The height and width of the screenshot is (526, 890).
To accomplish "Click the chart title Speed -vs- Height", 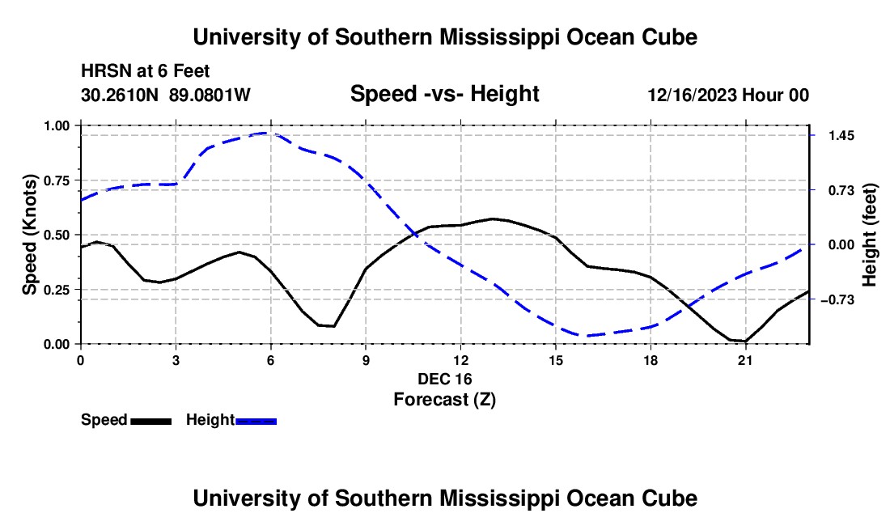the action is point(444,94).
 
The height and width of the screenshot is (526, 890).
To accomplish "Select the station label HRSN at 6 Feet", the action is point(146,71).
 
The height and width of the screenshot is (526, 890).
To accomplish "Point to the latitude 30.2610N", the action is point(120,95).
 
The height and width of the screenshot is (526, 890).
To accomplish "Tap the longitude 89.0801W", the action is point(210,95).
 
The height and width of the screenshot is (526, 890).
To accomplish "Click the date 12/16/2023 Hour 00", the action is point(728,95).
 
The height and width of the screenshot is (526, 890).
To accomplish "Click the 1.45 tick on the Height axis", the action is point(841,136).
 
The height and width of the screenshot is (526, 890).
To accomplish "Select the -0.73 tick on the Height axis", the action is point(837,299).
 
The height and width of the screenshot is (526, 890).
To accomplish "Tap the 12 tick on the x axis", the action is point(460,360).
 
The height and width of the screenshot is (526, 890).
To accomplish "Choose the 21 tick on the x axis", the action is point(744,360).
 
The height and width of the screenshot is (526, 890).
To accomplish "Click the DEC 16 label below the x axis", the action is point(445,379).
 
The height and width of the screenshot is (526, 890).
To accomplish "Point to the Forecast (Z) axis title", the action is point(445,400).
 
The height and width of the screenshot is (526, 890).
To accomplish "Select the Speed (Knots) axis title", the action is point(29,235).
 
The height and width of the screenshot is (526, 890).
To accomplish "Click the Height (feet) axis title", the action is point(869,235).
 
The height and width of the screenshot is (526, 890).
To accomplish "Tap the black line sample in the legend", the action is point(151,422).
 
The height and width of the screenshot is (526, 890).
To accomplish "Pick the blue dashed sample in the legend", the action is point(256,422).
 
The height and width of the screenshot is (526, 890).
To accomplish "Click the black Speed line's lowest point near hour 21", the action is point(744,341).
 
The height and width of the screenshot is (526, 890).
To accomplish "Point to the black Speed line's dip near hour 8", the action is point(333,326).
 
